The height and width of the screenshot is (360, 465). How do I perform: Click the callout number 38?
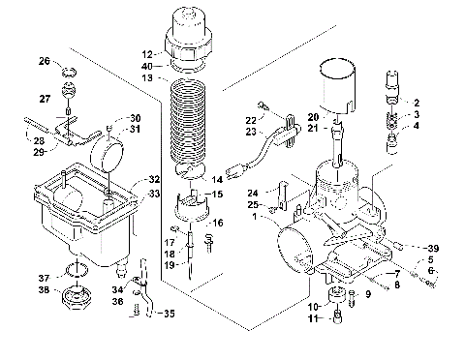pos(44,289)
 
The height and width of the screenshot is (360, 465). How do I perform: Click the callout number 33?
pos(154,195)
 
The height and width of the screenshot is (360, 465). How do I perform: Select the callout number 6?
pos(433,272)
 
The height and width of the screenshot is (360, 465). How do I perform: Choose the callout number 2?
pos(417,103)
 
